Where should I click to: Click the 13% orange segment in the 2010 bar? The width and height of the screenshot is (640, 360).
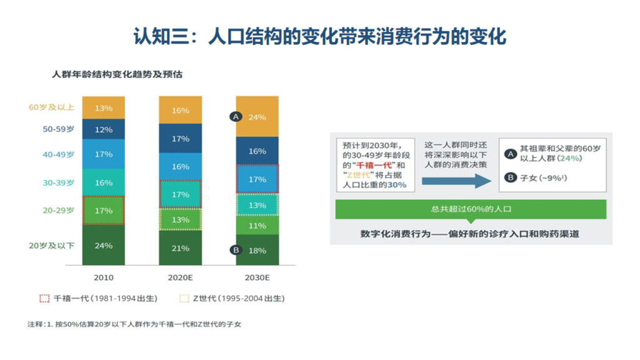coord(104,107)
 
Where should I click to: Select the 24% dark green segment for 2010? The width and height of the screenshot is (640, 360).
coord(104,245)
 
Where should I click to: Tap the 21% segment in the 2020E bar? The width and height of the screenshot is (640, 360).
coord(181,247)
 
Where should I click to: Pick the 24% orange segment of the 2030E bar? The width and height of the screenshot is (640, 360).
coord(257,117)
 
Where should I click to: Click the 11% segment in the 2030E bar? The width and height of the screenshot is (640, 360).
coord(257,225)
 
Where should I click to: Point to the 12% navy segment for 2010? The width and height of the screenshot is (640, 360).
coord(104,129)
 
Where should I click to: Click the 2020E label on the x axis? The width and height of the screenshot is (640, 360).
coord(181,277)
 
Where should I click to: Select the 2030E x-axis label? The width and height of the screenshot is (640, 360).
coord(257,277)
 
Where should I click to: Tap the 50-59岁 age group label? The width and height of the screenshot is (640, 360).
coord(59,129)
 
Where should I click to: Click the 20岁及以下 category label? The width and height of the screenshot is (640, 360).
coord(52,246)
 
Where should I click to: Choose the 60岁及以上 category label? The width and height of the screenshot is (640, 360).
coord(52,107)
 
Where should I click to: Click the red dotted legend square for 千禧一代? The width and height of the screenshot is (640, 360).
coord(44,298)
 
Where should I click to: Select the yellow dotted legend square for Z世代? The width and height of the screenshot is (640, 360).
coord(184,298)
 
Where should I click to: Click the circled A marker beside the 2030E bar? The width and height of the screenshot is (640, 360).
coord(236,117)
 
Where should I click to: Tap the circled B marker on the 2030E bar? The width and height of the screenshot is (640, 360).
coord(236,250)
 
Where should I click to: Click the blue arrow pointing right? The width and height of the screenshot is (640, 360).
coord(456,181)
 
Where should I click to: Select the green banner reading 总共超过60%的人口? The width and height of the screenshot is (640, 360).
coord(471,209)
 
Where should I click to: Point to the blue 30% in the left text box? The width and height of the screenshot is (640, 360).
coord(397,185)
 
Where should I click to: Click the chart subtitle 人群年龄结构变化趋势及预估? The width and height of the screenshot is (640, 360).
coord(117,74)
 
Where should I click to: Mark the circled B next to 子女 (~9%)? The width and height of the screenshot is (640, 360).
coord(510,177)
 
